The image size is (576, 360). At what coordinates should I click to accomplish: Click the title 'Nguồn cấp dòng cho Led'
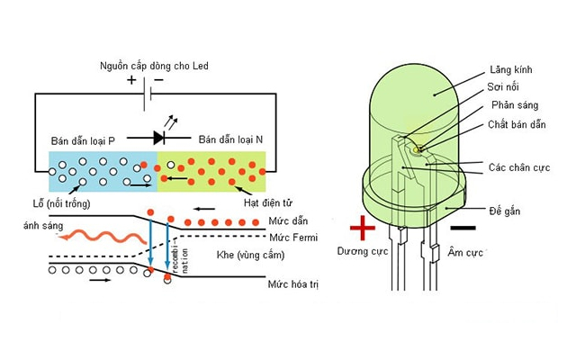154,66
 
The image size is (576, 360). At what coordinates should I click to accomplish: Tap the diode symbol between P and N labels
159,138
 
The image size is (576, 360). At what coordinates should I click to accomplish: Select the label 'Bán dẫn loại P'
83,141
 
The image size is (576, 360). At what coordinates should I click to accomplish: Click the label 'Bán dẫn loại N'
230,139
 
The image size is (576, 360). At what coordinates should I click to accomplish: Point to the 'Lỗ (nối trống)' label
62,203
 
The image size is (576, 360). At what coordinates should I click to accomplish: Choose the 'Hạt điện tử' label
268,202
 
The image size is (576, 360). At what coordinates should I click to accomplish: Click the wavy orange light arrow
103,237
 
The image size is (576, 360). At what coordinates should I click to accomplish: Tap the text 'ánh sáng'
43,226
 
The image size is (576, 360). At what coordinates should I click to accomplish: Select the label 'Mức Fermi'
293,238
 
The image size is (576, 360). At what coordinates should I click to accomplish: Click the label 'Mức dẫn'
288,221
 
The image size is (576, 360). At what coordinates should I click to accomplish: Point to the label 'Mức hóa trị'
293,284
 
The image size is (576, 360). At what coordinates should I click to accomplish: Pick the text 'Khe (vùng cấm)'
250,255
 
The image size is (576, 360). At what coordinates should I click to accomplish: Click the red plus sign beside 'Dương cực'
363,228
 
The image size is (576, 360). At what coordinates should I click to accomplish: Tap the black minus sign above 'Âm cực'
463,228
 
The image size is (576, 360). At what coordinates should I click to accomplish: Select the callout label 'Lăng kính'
511,69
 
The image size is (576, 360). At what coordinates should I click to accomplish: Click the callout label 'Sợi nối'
503,87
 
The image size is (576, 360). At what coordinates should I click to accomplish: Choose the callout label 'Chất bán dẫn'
517,124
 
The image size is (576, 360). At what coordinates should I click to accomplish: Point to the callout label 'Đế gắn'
505,211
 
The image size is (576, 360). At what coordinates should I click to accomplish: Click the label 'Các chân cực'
519,168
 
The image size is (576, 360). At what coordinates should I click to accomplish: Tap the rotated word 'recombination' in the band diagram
180,257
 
